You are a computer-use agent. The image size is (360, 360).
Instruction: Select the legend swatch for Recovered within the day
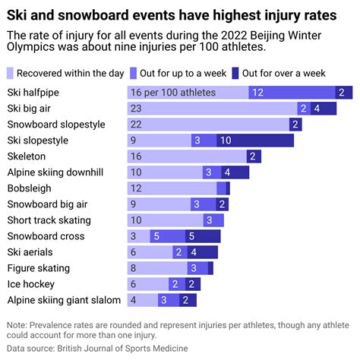pyautogui.click(x=11, y=73)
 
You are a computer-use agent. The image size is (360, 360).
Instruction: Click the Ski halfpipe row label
pyautogui.click(x=33, y=93)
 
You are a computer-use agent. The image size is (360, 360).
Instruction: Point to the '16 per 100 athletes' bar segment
pyautogui.click(x=187, y=93)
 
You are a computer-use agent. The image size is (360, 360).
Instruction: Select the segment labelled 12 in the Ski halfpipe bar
pyautogui.click(x=289, y=93)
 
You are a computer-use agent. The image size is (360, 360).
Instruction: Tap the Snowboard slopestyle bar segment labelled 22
pyautogui.click(x=207, y=125)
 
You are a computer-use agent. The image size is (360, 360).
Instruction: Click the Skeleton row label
pyautogui.click(x=27, y=156)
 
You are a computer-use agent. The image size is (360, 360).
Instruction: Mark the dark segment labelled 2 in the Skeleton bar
pyautogui.click(x=253, y=156)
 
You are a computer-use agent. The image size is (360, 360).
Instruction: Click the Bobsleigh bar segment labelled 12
pyautogui.click(x=172, y=188)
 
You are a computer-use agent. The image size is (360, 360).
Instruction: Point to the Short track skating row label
pyautogui.click(x=49, y=220)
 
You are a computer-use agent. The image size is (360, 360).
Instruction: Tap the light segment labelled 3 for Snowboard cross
pyautogui.click(x=137, y=236)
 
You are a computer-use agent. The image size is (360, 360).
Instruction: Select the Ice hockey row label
pyautogui.click(x=31, y=284)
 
